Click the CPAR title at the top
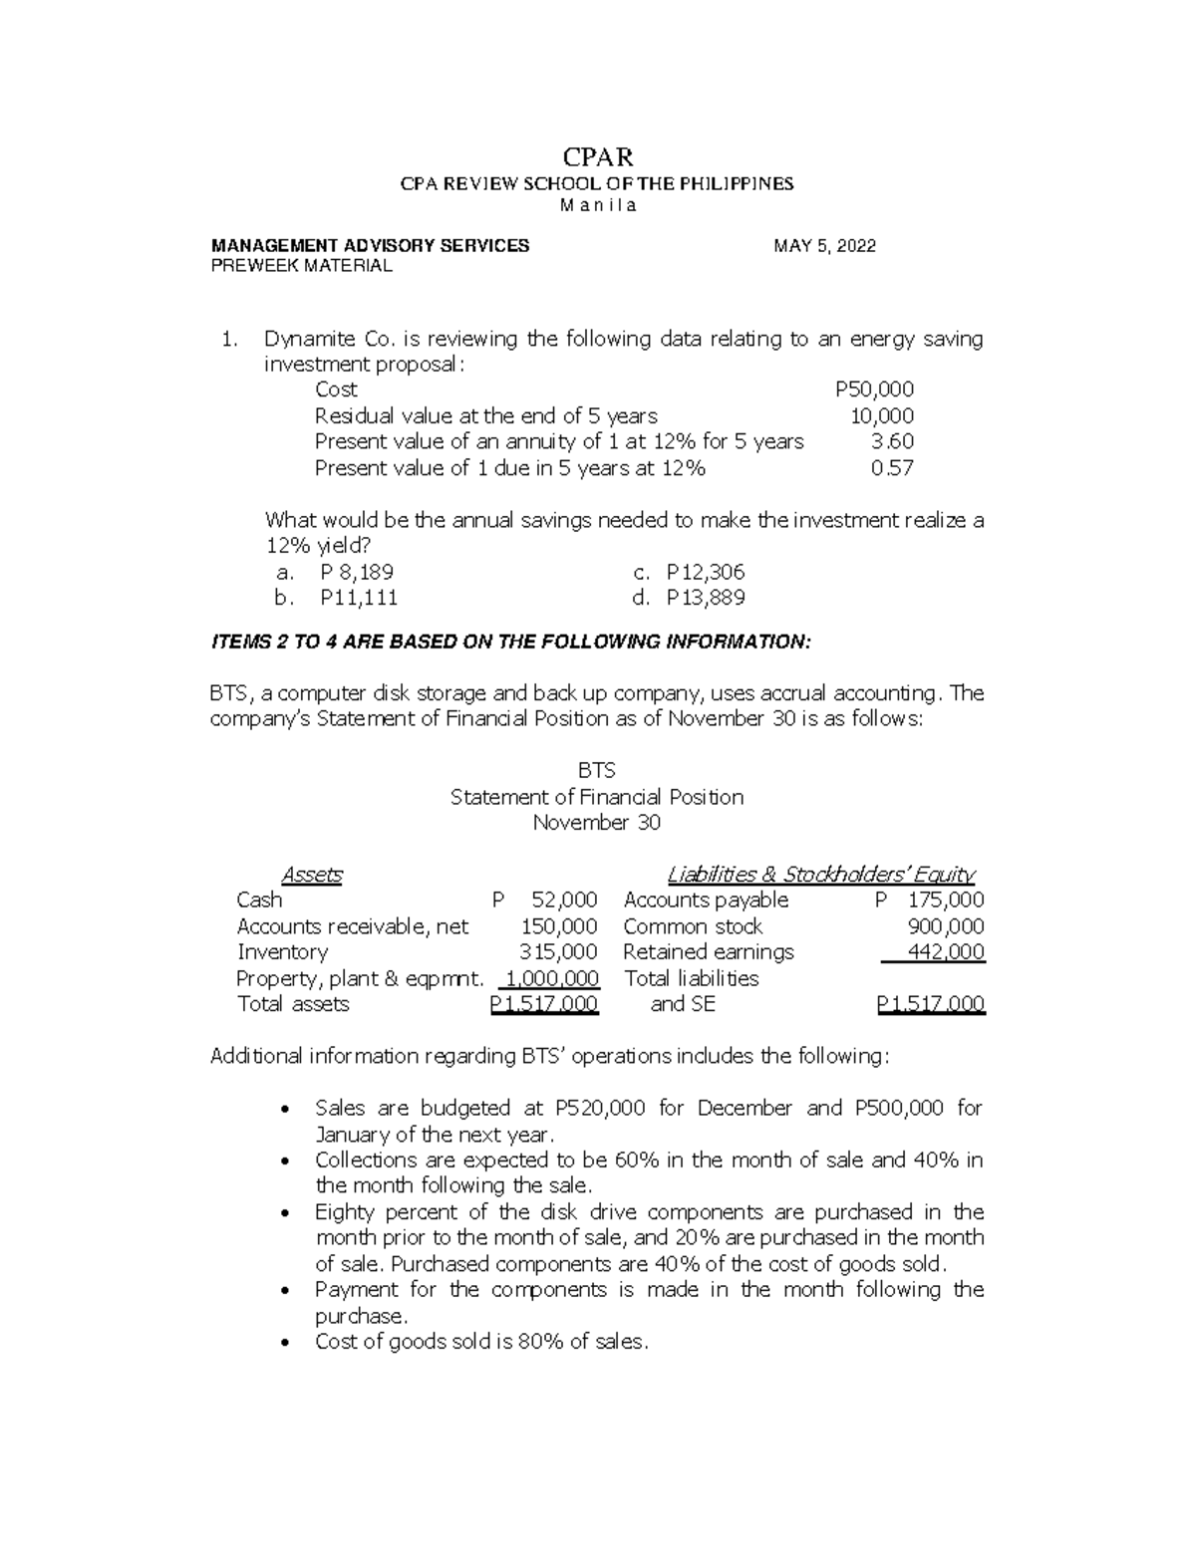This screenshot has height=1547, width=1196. click(598, 157)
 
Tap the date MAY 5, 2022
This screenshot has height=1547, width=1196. click(824, 246)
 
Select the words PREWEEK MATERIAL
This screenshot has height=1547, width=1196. click(301, 266)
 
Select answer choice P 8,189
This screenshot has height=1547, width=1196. click(357, 573)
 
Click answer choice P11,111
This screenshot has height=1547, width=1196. click(359, 598)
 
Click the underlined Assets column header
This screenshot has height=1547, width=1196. click(312, 875)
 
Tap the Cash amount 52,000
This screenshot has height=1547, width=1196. click(564, 901)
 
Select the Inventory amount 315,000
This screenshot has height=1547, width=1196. click(559, 952)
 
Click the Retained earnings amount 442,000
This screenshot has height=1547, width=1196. click(946, 952)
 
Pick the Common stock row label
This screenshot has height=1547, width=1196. click(693, 926)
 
